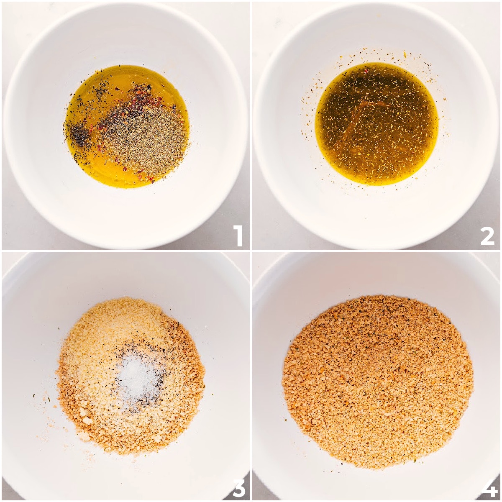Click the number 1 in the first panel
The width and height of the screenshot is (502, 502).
pyautogui.click(x=238, y=236)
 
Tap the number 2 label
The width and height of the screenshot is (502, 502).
pyautogui.click(x=487, y=236)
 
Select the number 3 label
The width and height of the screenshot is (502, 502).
pyautogui.click(x=238, y=487)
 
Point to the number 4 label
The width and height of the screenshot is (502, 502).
pyautogui.click(x=488, y=487)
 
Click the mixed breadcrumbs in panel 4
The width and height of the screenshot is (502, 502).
pyautogui.click(x=376, y=381)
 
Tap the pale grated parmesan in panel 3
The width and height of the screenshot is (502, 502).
pyautogui.click(x=113, y=330)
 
